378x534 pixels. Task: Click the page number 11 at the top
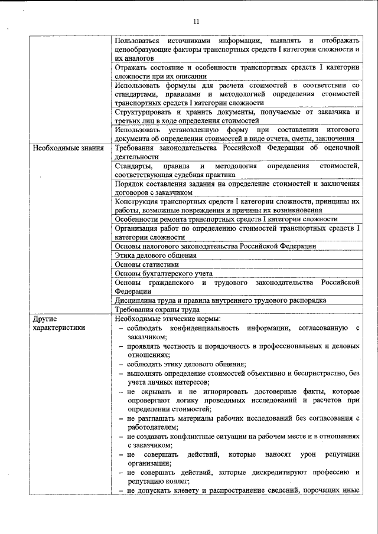click(x=196, y=22)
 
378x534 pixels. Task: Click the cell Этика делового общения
click(x=156, y=255)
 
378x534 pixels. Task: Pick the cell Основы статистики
click(x=146, y=264)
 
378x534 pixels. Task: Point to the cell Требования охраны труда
click(x=157, y=309)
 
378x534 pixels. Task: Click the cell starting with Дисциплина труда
click(x=220, y=300)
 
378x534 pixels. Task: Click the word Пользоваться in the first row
click(x=138, y=40)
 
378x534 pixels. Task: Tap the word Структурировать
click(x=145, y=112)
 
